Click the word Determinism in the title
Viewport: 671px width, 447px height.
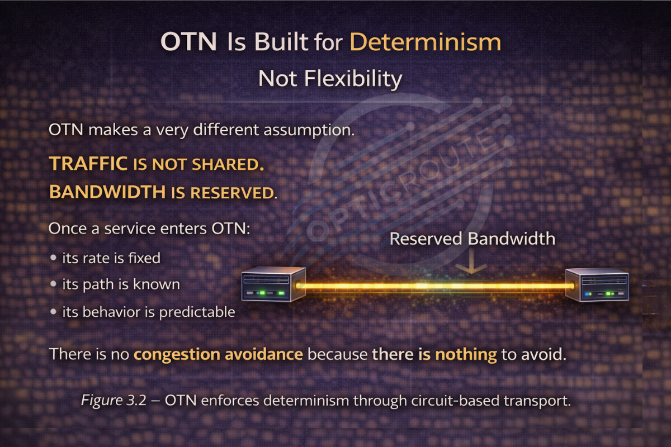coord(426,42)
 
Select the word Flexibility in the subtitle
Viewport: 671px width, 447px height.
coord(353,79)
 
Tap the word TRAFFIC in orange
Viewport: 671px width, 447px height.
coord(88,164)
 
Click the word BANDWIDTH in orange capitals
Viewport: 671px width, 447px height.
coord(107,192)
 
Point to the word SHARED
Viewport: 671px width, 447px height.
coord(228,164)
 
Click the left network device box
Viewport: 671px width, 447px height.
coord(273,284)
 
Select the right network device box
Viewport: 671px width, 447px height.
coord(597,285)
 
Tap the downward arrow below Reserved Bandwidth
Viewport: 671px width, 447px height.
coord(471,261)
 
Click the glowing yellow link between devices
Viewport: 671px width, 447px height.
coord(435,286)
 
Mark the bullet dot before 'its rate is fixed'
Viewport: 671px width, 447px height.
coord(53,258)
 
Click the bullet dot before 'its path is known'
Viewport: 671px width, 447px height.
coord(53,283)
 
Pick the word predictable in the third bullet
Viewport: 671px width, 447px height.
coord(197,312)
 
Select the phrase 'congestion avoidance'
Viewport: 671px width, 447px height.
coord(219,354)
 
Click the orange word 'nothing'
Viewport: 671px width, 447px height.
coord(466,354)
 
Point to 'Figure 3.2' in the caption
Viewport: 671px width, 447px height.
coord(114,400)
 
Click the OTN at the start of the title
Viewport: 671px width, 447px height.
coord(188,41)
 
